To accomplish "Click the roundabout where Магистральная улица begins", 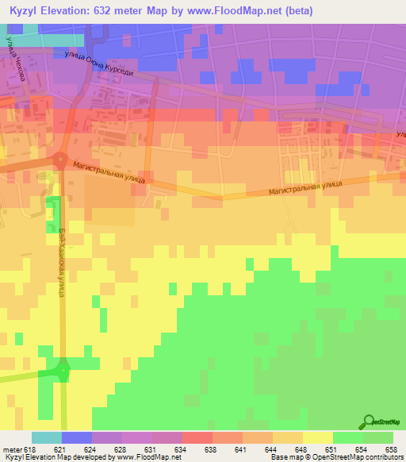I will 61,161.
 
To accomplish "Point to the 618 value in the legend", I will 29,449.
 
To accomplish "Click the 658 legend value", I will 390,449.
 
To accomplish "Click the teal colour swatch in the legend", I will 47,437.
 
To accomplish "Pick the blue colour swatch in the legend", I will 77,437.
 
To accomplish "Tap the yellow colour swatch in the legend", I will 317,437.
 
